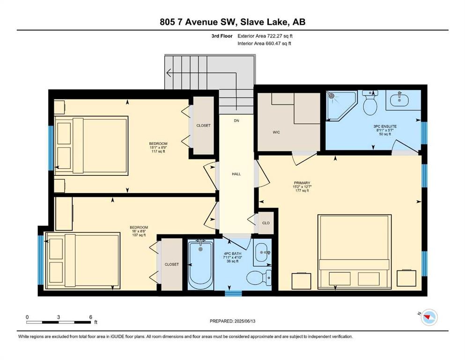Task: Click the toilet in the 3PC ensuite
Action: (370, 103)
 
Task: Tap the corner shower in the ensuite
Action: (340, 105)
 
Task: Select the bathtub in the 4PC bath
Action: (200, 264)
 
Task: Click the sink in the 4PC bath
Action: (262, 253)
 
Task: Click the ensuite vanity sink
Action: (399, 100)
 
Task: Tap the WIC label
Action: (276, 132)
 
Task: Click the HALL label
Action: (236, 174)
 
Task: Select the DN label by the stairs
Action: (236, 121)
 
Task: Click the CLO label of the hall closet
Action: (266, 223)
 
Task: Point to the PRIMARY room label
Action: (302, 183)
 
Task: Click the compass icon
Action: (429, 317)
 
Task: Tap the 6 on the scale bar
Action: (91, 317)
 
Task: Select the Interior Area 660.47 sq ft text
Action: (264, 44)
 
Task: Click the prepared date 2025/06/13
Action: (245, 321)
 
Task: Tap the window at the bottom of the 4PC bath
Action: (233, 293)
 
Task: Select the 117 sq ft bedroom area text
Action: (158, 151)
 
